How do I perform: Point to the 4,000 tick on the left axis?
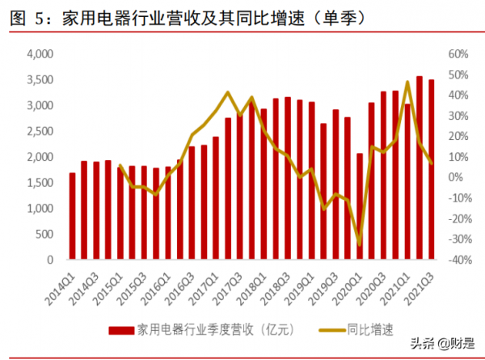39,54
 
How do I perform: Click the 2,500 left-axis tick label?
39,132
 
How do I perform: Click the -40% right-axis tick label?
458,260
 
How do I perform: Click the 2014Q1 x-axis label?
61,285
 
